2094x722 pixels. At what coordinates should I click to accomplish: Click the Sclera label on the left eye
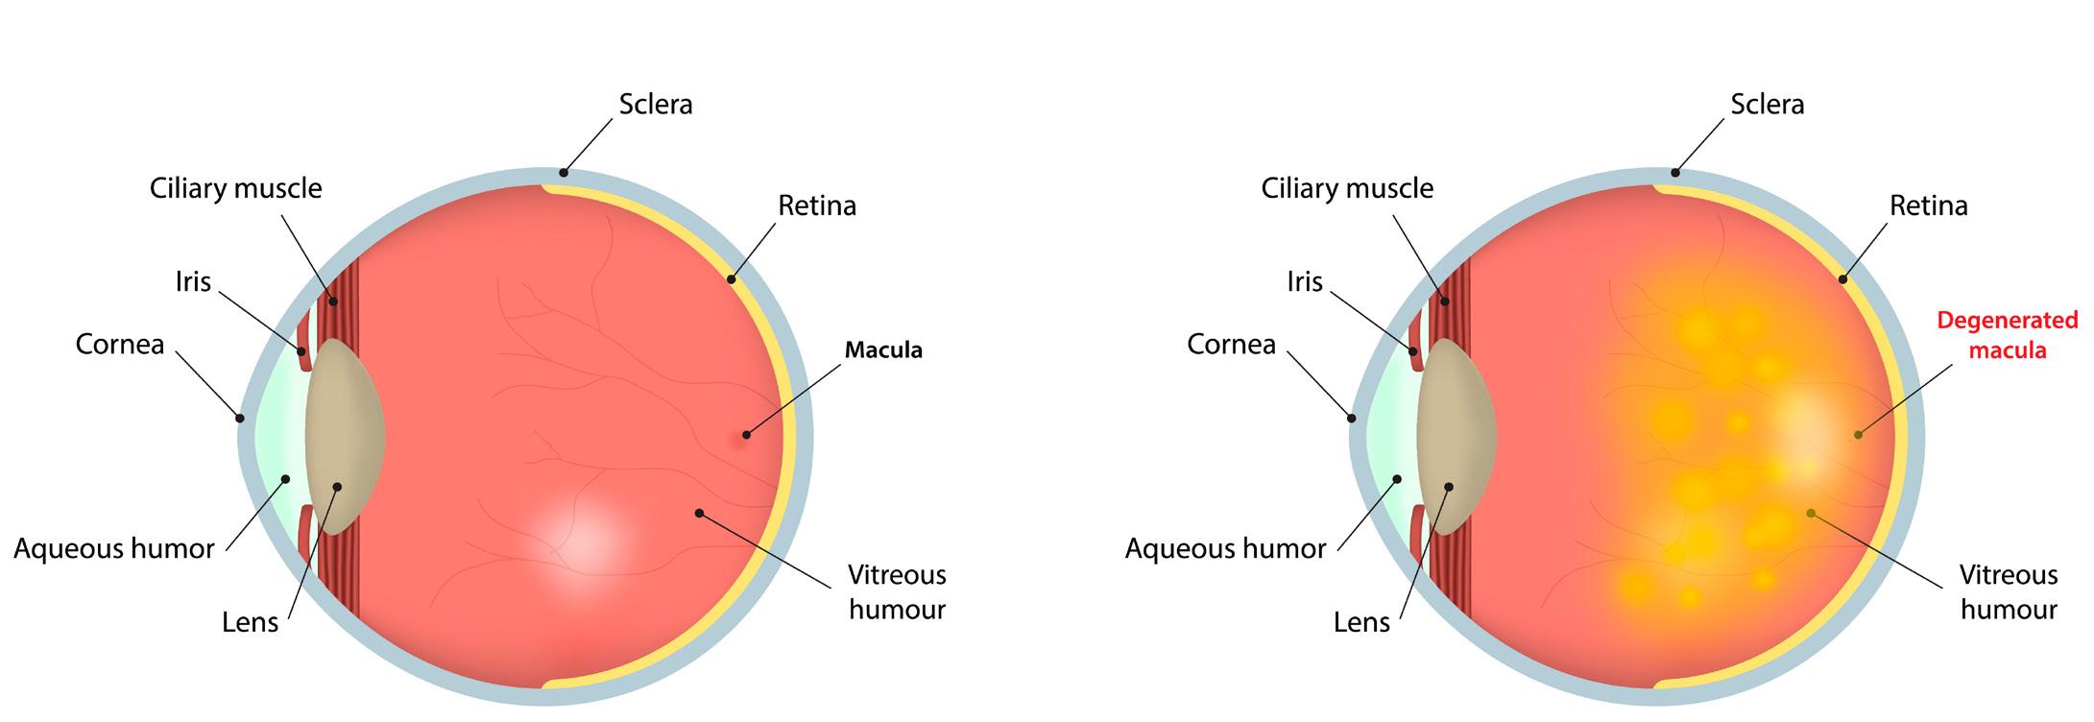point(655,104)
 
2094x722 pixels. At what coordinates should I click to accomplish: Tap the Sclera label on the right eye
point(1767,104)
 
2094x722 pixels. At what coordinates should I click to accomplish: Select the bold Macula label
point(883,350)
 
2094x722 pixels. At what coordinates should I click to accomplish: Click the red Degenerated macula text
point(2007,334)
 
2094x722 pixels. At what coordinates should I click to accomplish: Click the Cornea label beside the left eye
point(120,344)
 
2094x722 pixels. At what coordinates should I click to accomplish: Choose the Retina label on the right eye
point(1928,205)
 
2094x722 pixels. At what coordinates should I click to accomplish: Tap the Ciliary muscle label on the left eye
point(235,188)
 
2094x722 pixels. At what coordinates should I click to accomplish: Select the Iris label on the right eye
point(1305,281)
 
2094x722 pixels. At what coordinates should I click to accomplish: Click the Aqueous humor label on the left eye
point(114,549)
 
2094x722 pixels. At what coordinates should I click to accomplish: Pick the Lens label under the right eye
point(1361,622)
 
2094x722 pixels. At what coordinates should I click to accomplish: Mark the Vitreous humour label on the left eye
point(897,591)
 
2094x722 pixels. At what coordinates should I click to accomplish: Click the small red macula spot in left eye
point(743,437)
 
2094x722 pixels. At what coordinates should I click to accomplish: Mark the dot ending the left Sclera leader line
point(565,173)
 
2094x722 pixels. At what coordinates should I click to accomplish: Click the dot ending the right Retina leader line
point(1842,279)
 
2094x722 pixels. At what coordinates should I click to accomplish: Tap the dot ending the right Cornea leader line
point(1352,418)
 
